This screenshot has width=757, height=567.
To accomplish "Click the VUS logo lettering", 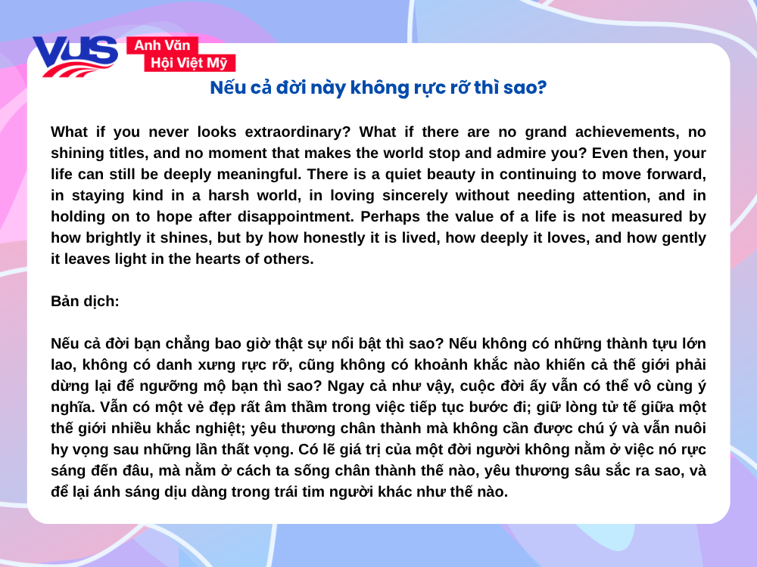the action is point(75,55).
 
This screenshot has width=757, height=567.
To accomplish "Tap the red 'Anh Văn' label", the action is point(162,45).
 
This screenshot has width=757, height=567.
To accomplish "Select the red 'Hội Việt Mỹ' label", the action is point(189,63).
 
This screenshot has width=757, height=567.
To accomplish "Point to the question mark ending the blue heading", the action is point(542,87).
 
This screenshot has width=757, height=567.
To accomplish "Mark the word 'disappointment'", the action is point(295,217).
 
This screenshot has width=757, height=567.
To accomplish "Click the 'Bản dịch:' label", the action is point(85,302).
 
